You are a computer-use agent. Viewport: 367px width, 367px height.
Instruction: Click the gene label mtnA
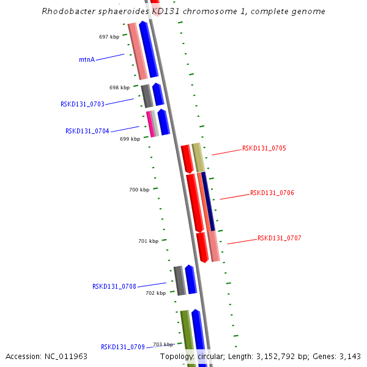click(87, 59)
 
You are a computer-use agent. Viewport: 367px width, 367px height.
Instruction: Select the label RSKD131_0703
click(82, 104)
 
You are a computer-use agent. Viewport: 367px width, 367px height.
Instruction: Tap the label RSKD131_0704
click(87, 131)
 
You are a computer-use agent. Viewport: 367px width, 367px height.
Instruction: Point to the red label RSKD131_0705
click(264, 148)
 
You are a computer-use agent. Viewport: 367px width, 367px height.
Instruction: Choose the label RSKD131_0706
click(272, 193)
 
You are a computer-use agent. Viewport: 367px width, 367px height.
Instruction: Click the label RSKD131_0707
click(279, 238)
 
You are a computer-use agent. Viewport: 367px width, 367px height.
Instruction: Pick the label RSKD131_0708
click(114, 286)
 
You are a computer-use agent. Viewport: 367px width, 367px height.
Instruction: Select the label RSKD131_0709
click(122, 347)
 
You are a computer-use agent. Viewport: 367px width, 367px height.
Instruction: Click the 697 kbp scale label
click(109, 37)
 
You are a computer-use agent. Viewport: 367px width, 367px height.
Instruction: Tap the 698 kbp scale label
click(120, 87)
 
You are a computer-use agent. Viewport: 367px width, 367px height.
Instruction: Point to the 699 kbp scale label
click(130, 139)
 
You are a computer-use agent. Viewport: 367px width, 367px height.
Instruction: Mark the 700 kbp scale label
click(139, 190)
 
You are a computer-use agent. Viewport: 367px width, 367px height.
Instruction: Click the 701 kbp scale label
click(148, 241)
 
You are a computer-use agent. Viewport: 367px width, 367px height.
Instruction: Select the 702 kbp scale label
click(155, 293)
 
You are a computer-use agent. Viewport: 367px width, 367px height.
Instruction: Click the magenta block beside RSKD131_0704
click(150, 124)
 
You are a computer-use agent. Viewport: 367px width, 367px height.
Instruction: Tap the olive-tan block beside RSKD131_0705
click(198, 158)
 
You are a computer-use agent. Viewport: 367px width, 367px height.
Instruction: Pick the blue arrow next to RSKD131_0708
click(191, 280)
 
